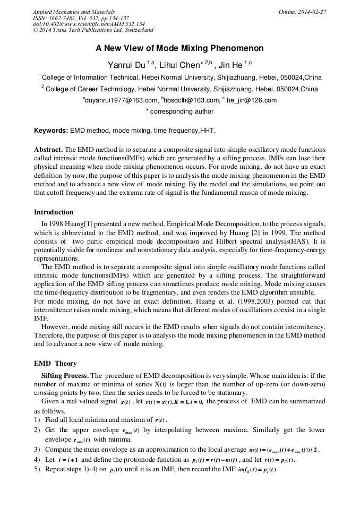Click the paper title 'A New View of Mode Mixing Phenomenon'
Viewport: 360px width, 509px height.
click(179, 48)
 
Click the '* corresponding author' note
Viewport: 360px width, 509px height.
click(179, 111)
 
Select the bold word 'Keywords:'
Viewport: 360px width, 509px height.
click(51, 131)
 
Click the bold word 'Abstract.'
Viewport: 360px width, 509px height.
click(48, 150)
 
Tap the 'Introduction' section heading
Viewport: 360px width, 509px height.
click(54, 212)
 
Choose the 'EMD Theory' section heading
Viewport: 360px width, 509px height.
click(55, 364)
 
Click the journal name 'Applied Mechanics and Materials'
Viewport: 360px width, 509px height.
click(73, 12)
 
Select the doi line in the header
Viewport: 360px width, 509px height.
click(88, 24)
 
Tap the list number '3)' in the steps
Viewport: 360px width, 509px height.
click(37, 450)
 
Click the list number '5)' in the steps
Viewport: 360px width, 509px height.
click(37, 470)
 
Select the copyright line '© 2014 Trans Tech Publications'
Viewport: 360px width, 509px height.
click(93, 31)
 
